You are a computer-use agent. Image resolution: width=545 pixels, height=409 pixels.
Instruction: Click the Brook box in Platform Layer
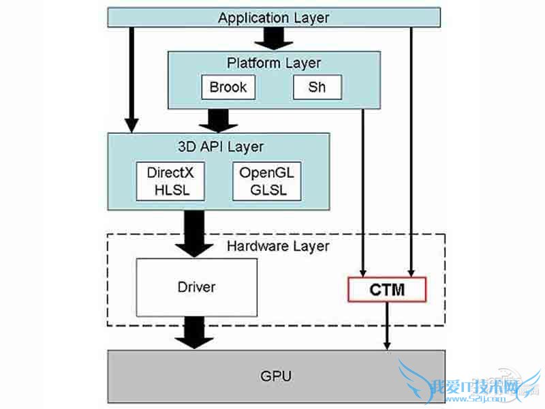coord(228,87)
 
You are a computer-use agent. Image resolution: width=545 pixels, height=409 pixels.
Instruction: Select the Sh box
coord(317,87)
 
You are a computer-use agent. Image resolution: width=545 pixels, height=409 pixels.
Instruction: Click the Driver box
coord(196,287)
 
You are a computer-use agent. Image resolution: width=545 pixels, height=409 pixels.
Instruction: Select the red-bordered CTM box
coord(387,290)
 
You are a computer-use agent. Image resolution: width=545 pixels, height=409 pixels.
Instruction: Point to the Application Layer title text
coord(273,18)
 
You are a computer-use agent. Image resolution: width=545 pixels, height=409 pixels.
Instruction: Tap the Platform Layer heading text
coord(273,63)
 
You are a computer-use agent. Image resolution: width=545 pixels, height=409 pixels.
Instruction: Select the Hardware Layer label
coord(278,246)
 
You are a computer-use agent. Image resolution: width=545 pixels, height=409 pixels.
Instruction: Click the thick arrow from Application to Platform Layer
coord(273,39)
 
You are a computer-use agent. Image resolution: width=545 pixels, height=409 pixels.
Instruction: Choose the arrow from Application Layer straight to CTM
coord(411,150)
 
